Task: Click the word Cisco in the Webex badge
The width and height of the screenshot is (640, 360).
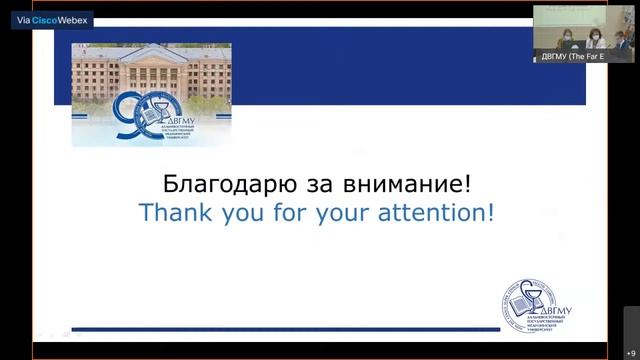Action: [46, 19]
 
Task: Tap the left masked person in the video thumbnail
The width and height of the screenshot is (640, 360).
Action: [566, 39]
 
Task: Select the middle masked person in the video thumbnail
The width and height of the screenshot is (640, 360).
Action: [594, 39]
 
